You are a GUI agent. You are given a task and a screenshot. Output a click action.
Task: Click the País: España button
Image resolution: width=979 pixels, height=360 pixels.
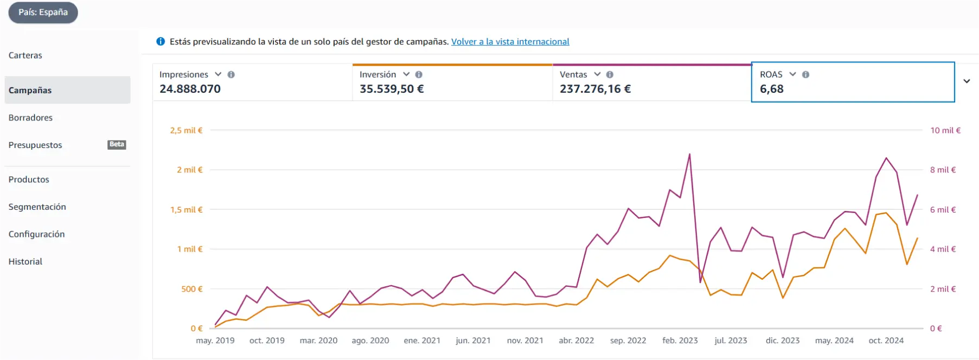pyautogui.click(x=43, y=12)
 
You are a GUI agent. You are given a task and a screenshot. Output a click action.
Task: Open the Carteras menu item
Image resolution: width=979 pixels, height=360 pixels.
pyautogui.click(x=25, y=55)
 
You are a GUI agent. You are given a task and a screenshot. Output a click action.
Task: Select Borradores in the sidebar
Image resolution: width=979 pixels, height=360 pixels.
pyautogui.click(x=30, y=118)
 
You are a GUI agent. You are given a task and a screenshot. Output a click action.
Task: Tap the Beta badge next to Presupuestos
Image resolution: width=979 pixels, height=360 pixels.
pyautogui.click(x=117, y=144)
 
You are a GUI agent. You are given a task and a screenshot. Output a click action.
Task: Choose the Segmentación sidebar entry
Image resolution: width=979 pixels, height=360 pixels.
pyautogui.click(x=37, y=207)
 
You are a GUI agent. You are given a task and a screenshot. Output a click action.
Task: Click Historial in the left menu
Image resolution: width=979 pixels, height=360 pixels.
pyautogui.click(x=25, y=261)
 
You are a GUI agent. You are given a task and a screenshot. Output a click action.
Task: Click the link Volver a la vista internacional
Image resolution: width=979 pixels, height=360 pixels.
pyautogui.click(x=510, y=42)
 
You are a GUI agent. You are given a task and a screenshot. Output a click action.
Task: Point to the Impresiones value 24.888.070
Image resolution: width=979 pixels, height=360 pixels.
pyautogui.click(x=190, y=89)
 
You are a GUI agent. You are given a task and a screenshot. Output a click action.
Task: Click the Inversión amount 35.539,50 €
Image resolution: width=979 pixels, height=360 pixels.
pyautogui.click(x=392, y=89)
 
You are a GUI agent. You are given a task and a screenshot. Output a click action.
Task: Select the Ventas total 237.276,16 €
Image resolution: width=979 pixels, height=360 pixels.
pyautogui.click(x=596, y=89)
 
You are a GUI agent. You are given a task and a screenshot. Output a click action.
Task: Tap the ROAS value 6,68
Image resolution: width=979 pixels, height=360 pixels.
pyautogui.click(x=772, y=89)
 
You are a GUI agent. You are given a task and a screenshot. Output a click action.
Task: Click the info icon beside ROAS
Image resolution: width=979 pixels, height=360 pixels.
pyautogui.click(x=805, y=75)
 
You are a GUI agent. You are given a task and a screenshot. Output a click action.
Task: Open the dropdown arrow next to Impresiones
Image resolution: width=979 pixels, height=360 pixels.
pyautogui.click(x=218, y=74)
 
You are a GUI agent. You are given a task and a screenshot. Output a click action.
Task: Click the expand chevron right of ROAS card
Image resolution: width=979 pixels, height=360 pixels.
pyautogui.click(x=967, y=81)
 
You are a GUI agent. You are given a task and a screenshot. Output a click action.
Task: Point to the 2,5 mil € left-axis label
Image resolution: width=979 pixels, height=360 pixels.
pyautogui.click(x=186, y=130)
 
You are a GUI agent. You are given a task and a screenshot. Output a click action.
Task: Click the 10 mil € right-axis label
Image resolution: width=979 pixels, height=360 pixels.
pyautogui.click(x=945, y=130)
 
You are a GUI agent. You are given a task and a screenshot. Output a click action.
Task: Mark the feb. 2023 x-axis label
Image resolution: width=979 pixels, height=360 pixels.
pyautogui.click(x=680, y=340)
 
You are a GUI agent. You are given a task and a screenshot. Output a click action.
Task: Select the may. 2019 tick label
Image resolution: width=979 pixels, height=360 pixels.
pyautogui.click(x=215, y=340)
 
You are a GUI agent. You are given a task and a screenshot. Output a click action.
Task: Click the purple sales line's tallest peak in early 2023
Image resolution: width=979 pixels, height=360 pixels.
pyautogui.click(x=689, y=155)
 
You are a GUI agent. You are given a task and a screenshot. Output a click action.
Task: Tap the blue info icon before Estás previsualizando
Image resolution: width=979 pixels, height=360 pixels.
pyautogui.click(x=161, y=42)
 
